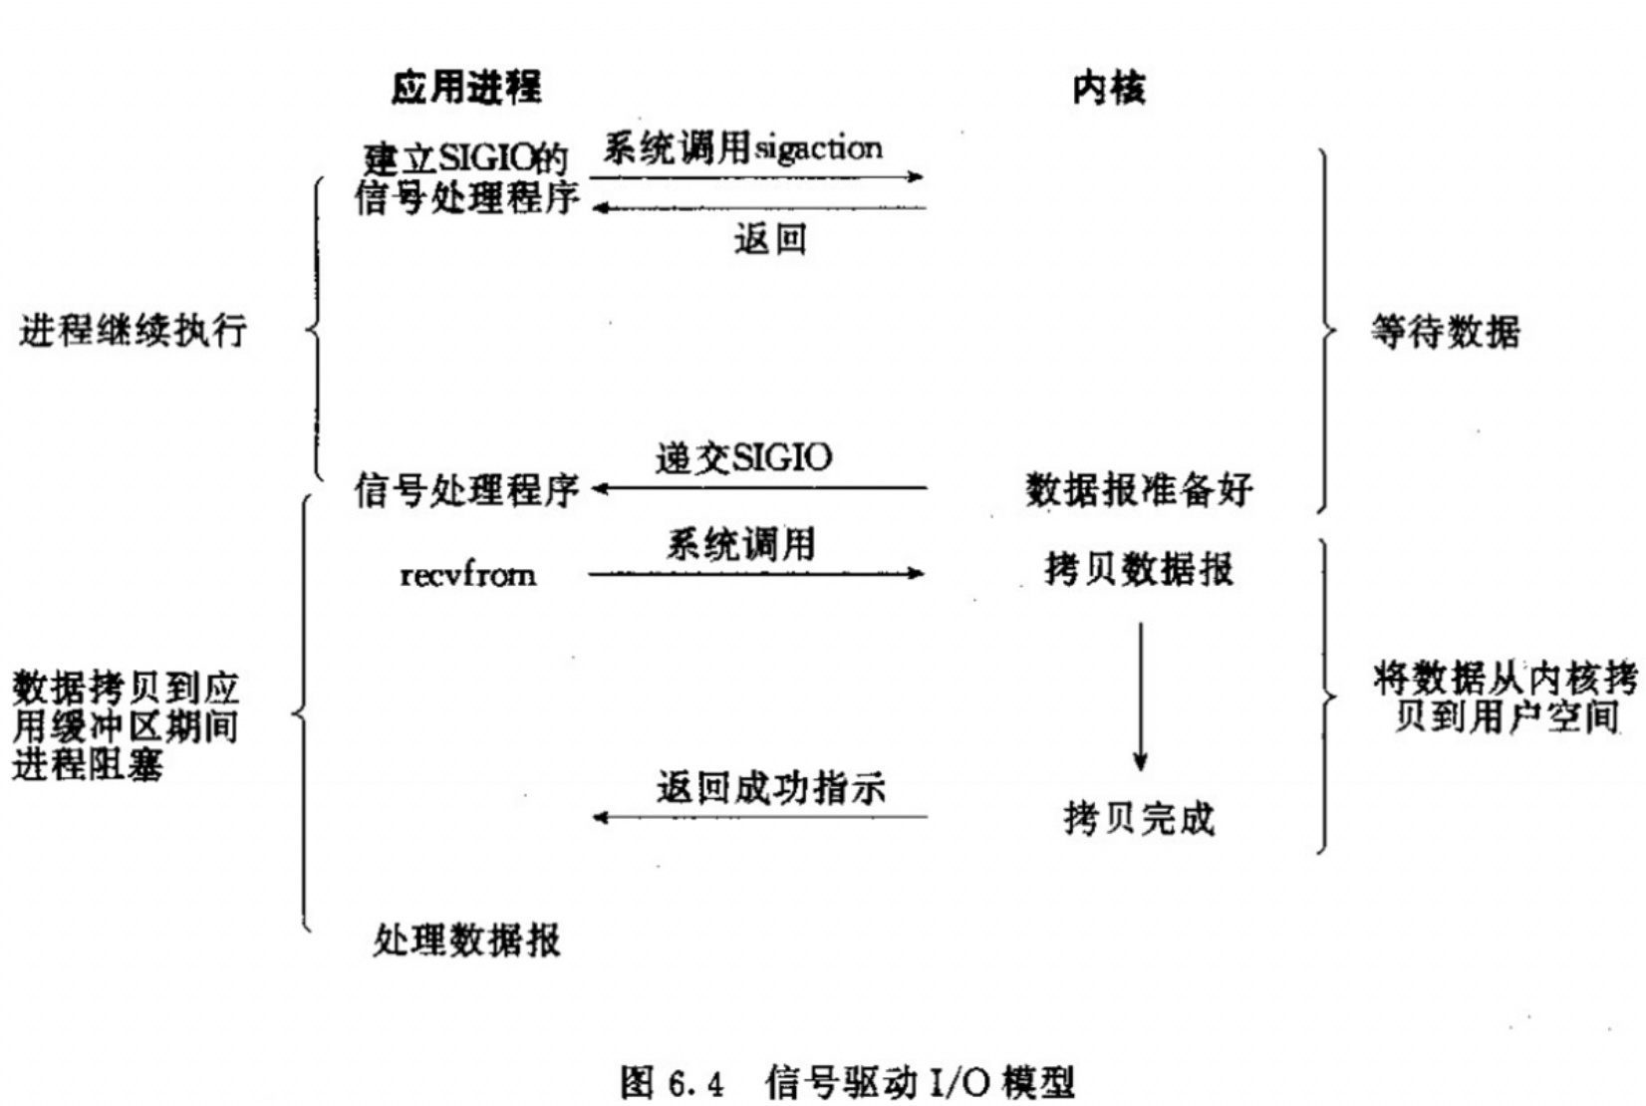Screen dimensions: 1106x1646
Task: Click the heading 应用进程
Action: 466,88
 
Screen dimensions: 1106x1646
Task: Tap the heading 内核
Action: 1109,89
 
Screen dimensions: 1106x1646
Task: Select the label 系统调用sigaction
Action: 742,148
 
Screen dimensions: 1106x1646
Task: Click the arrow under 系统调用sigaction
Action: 757,177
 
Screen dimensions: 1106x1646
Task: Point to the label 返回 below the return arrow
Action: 769,239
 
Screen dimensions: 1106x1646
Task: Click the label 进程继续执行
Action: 133,330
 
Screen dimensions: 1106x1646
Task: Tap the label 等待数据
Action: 1445,332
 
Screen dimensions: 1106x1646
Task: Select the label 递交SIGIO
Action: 743,457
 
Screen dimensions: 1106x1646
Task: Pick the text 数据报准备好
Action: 1138,489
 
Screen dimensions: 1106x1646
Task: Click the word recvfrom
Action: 467,575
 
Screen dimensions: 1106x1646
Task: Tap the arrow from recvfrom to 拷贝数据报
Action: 757,573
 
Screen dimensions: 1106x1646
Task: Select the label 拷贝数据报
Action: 1138,569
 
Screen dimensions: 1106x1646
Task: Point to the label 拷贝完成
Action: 1139,819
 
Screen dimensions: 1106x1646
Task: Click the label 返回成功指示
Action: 770,788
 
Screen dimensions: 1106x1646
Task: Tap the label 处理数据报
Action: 466,940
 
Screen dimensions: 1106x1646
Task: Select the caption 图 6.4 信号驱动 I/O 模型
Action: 847,1082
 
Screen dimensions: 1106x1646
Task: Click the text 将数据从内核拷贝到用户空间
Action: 1505,697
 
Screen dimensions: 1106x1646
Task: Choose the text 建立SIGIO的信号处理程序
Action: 466,178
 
